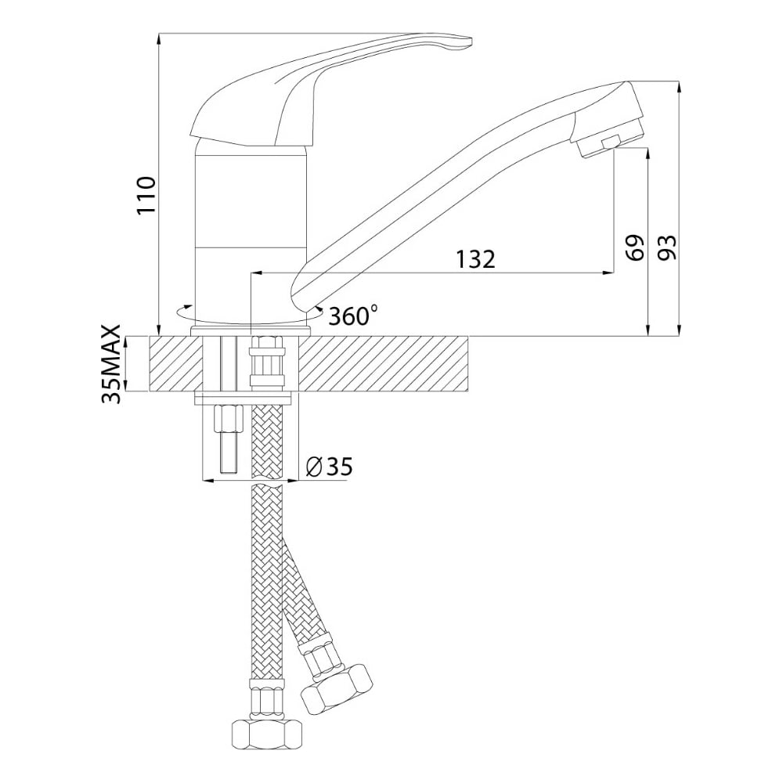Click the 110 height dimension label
click(147, 195)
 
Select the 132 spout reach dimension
click(475, 258)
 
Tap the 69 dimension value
click(635, 247)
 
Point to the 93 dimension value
click(666, 247)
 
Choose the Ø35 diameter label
click(329, 467)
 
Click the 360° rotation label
click(353, 316)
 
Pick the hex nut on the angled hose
click(337, 688)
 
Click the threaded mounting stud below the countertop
click(228, 439)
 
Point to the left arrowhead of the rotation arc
click(187, 306)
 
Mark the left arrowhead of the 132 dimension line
click(255, 272)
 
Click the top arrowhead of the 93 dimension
click(679, 86)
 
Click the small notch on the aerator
click(609, 143)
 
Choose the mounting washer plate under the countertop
click(244, 399)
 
